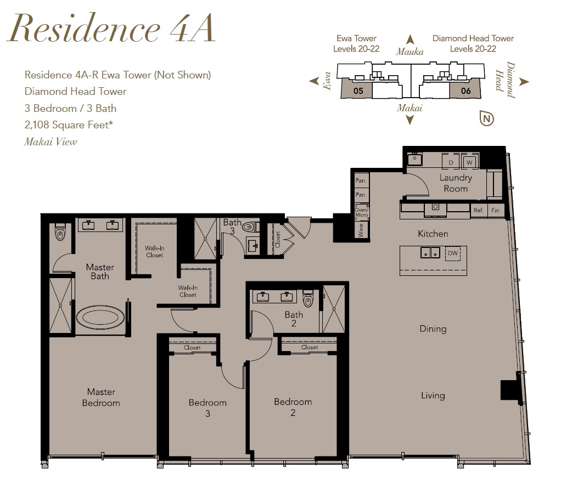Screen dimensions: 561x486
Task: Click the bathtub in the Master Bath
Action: (x=100, y=317)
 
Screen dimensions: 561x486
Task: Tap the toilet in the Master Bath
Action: (x=60, y=233)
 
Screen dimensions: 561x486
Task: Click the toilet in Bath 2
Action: (x=308, y=299)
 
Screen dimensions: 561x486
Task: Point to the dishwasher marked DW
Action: (x=453, y=253)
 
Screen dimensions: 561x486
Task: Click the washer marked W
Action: (x=469, y=162)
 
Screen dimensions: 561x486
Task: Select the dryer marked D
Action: (x=451, y=162)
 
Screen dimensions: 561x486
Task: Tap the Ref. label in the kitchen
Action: (x=478, y=210)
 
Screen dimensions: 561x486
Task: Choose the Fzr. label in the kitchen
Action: (x=496, y=210)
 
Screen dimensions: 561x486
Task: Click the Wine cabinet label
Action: (x=361, y=230)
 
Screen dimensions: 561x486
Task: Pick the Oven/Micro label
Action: (x=361, y=212)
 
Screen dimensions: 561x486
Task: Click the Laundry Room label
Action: (x=456, y=183)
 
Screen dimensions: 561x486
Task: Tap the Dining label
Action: (x=433, y=329)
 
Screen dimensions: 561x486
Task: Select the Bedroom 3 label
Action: (x=207, y=408)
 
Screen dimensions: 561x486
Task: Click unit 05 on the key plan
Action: (x=358, y=91)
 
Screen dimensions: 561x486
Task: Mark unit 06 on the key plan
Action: (x=466, y=91)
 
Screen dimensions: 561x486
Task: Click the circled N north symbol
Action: (x=486, y=118)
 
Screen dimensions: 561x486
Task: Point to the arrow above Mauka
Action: (x=411, y=39)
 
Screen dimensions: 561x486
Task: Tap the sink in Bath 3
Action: (x=253, y=245)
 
